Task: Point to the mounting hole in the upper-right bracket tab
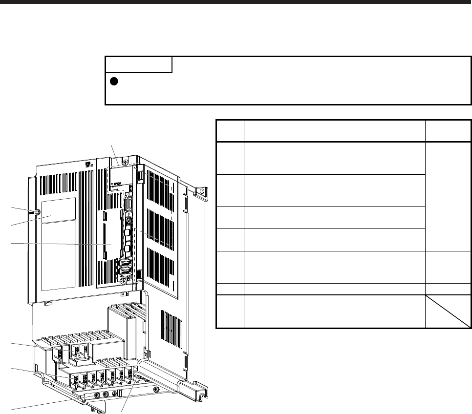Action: [200, 191]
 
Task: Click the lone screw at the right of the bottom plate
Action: [156, 390]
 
